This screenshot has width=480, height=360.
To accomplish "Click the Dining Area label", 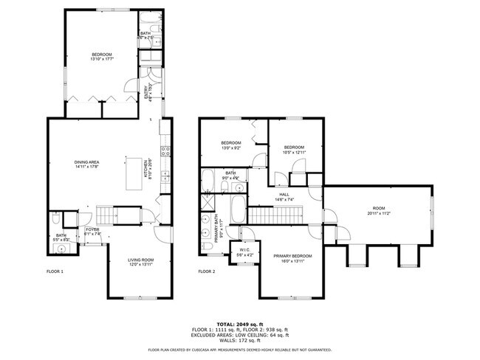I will click(x=86, y=162).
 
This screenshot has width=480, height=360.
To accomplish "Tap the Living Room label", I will click(x=140, y=260).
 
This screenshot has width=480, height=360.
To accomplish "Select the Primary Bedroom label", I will click(x=292, y=256).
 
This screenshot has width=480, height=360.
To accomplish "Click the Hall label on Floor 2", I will click(x=284, y=195).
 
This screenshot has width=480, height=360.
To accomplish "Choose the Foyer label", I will click(x=92, y=229).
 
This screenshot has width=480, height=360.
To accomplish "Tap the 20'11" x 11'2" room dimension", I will click(x=379, y=213).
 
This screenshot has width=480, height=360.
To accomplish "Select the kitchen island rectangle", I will click(x=134, y=174).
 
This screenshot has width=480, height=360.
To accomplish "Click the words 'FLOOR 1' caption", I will click(x=55, y=271).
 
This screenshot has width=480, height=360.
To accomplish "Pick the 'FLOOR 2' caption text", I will click(x=206, y=271).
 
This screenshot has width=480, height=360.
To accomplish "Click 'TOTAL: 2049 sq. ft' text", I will click(x=241, y=323).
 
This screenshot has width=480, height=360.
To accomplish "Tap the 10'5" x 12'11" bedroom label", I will click(x=294, y=151).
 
